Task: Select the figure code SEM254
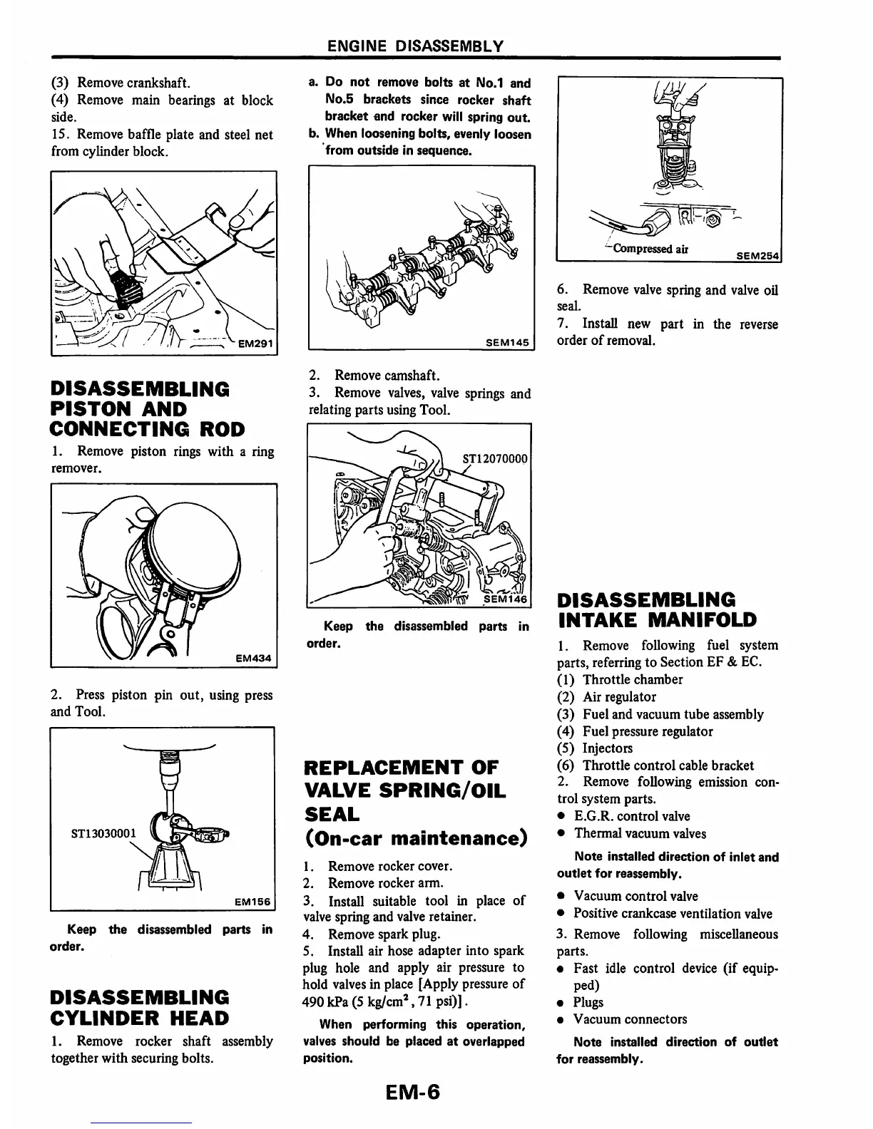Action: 759,255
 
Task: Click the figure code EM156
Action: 252,902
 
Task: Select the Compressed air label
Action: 648,249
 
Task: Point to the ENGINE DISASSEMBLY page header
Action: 414,46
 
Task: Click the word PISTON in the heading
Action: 84,409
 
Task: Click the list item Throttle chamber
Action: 632,679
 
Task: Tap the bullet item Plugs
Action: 588,1002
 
